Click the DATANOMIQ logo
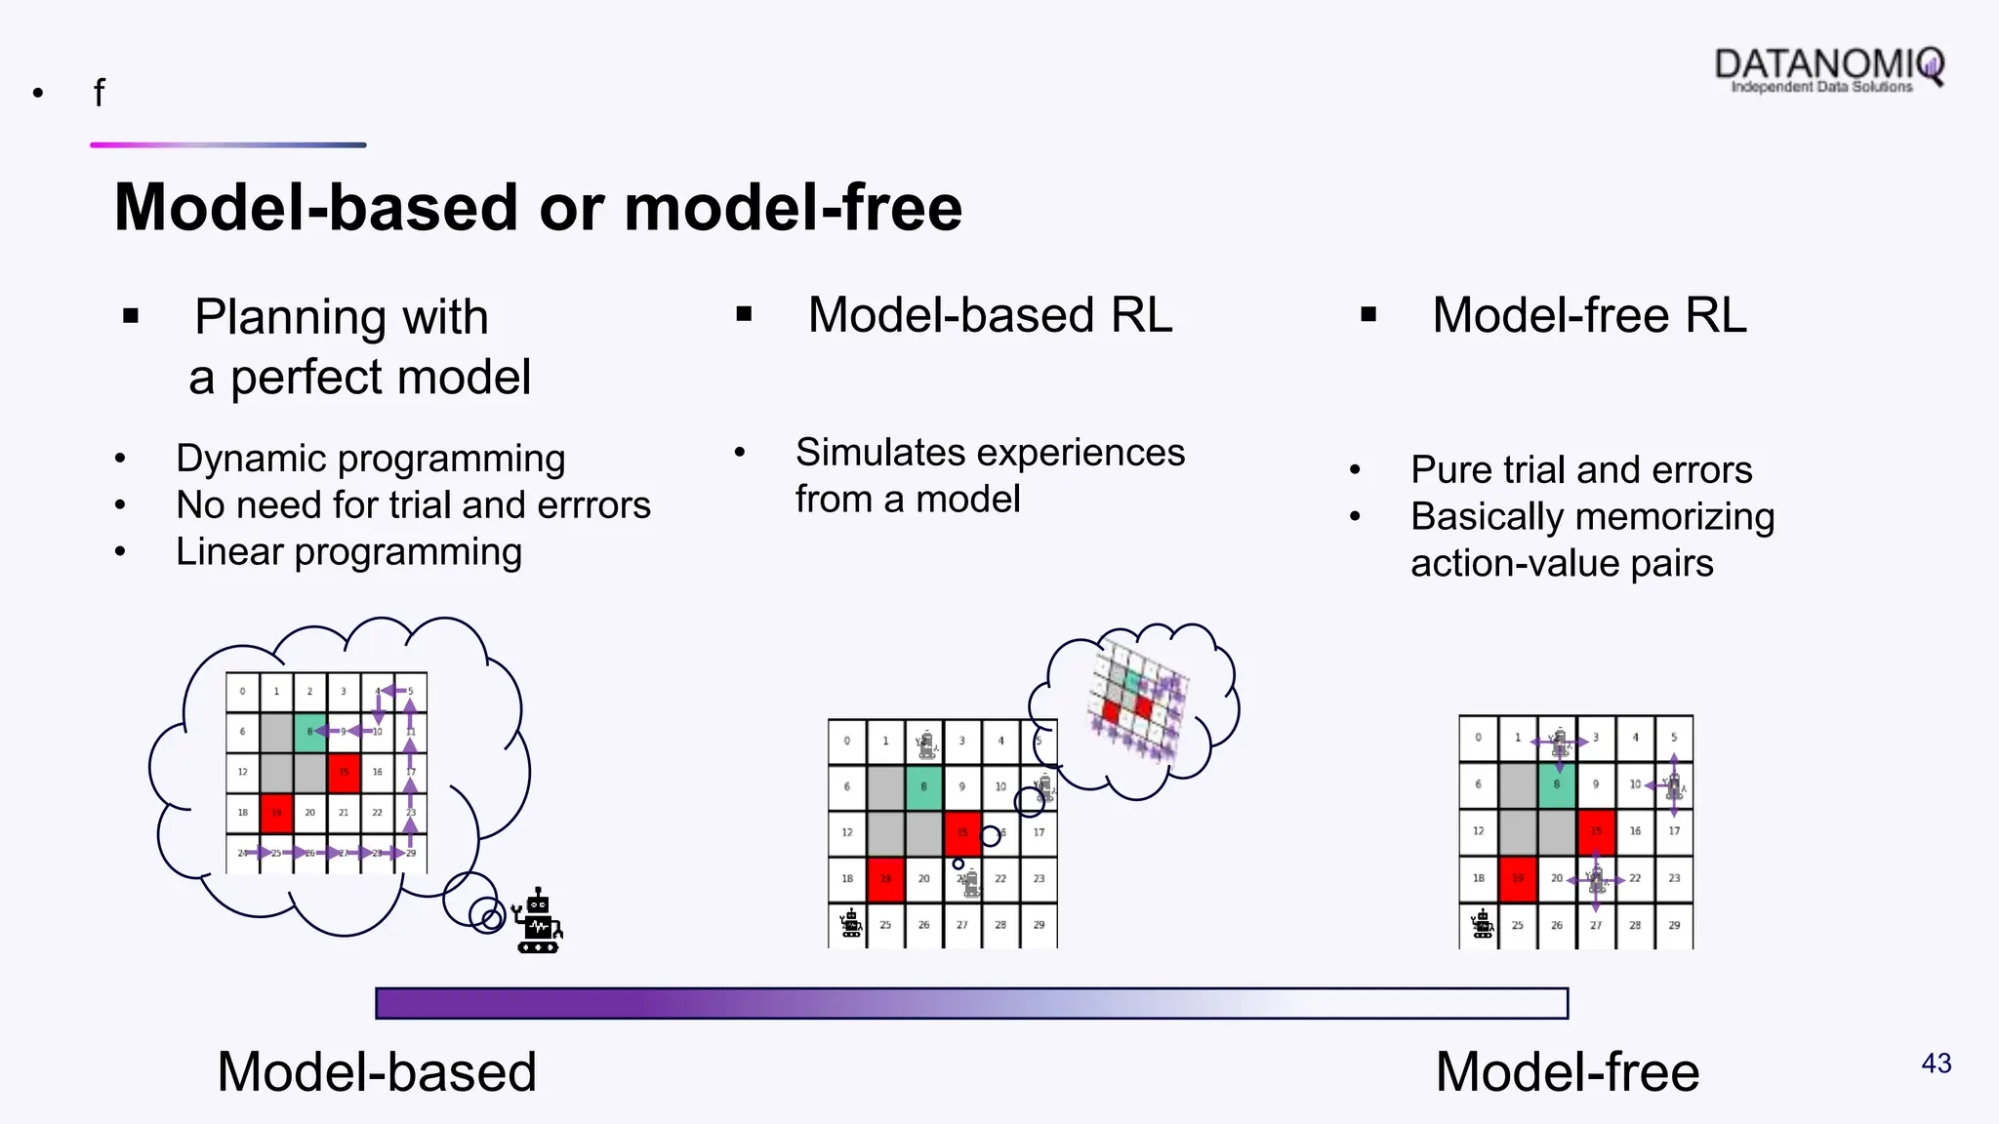pos(1828,68)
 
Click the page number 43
pos(1936,1063)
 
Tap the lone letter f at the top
pos(99,94)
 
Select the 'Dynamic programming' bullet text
pos(370,459)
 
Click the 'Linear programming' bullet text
pos(348,552)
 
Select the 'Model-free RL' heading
pos(1588,315)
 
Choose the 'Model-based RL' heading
pos(989,315)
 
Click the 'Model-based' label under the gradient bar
pos(376,1071)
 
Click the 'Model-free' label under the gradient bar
pos(1567,1071)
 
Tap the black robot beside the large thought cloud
pos(538,921)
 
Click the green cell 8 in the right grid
pos(1557,784)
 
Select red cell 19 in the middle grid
pos(885,878)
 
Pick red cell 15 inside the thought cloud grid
pos(344,772)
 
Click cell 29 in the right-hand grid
pos(1674,925)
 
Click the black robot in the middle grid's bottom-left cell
pos(850,923)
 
